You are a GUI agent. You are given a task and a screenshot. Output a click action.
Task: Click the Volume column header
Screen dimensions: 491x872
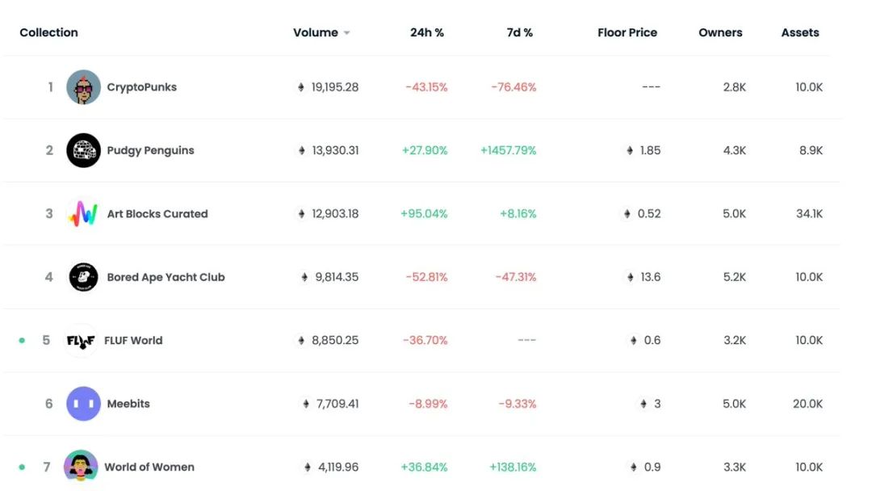click(x=315, y=33)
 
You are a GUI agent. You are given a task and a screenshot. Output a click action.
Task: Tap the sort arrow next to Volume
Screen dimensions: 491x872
click(x=346, y=33)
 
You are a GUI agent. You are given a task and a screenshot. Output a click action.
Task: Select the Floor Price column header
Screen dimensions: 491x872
click(x=627, y=33)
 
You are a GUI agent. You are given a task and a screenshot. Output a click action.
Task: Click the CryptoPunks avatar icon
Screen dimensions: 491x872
click(x=83, y=87)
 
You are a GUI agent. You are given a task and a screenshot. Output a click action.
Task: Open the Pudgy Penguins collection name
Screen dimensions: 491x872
click(x=150, y=150)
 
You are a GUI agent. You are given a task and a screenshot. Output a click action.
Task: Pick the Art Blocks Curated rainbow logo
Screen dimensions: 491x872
click(x=83, y=214)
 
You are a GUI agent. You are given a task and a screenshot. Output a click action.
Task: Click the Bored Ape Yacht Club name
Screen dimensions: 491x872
click(x=166, y=277)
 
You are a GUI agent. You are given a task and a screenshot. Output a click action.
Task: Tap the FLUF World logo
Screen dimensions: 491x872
click(x=81, y=340)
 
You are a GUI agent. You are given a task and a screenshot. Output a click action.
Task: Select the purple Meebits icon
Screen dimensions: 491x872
click(x=83, y=404)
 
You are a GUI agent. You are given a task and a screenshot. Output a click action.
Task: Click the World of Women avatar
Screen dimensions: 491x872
click(x=81, y=467)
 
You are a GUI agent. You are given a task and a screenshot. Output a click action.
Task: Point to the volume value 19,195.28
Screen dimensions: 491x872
click(x=334, y=87)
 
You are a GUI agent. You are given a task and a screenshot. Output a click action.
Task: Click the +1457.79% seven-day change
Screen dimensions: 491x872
click(x=508, y=150)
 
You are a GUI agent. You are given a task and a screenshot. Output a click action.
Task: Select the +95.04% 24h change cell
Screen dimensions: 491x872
click(x=424, y=214)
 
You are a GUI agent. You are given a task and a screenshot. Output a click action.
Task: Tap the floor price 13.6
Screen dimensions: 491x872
click(x=650, y=277)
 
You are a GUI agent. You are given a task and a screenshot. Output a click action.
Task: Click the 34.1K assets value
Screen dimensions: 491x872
click(x=808, y=214)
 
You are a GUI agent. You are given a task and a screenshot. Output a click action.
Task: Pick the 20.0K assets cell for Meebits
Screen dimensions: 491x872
click(x=807, y=404)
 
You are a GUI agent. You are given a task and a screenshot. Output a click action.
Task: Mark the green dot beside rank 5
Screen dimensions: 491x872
click(x=22, y=340)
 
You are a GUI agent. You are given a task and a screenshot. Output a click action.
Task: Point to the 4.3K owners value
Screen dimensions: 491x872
click(x=735, y=150)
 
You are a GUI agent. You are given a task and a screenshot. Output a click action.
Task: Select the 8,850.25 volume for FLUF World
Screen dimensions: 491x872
click(x=335, y=340)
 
